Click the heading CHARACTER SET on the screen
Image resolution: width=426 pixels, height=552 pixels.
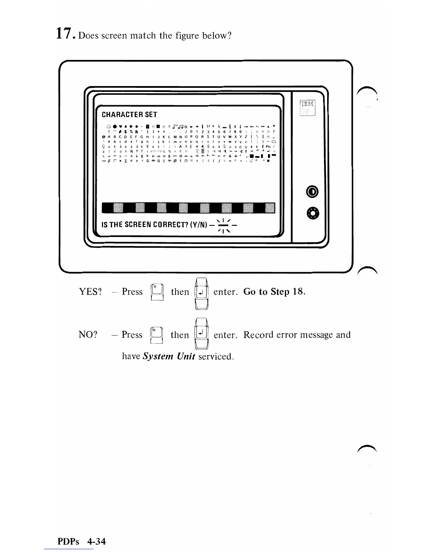click(129, 115)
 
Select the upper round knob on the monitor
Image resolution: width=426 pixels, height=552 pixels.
click(311, 192)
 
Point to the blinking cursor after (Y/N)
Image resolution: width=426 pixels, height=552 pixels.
click(223, 225)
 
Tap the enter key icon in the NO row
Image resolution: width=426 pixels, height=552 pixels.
click(201, 335)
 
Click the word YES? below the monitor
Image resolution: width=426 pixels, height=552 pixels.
click(90, 292)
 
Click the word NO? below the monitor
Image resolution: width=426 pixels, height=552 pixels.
click(88, 335)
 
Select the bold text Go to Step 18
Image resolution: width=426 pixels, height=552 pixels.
click(274, 292)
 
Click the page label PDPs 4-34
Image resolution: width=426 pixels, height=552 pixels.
click(81, 541)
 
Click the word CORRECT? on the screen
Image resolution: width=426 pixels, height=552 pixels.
click(165, 225)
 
